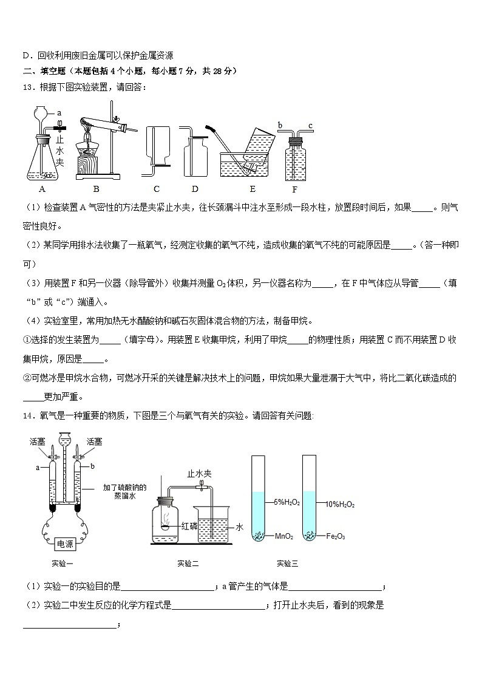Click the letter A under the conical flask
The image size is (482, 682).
coord(42,189)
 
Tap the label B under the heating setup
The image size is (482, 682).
coord(96,189)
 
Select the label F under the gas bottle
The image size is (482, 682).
coord(294,189)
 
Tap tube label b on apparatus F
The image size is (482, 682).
coord(280,126)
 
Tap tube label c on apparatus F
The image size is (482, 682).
coord(310,126)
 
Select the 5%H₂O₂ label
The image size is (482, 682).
coord(287,502)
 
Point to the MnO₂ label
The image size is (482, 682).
coord(284,536)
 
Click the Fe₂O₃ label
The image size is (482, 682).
coord(336,536)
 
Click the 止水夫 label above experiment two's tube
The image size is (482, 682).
coord(199,473)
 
